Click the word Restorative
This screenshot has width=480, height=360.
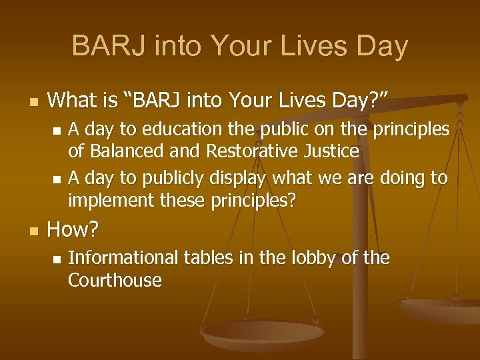click(x=246, y=151)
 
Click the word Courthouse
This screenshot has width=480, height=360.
click(x=115, y=280)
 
